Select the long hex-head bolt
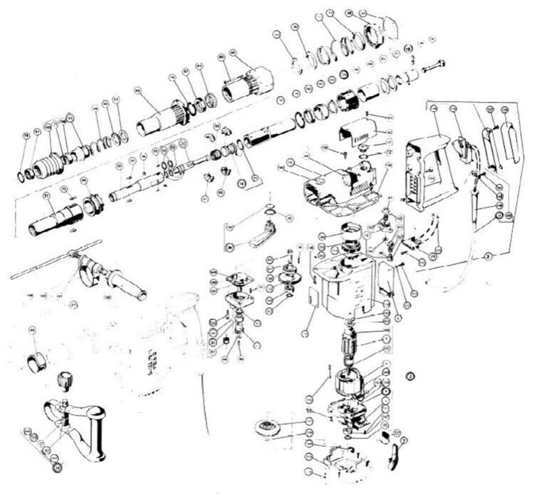click(x=432, y=67)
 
